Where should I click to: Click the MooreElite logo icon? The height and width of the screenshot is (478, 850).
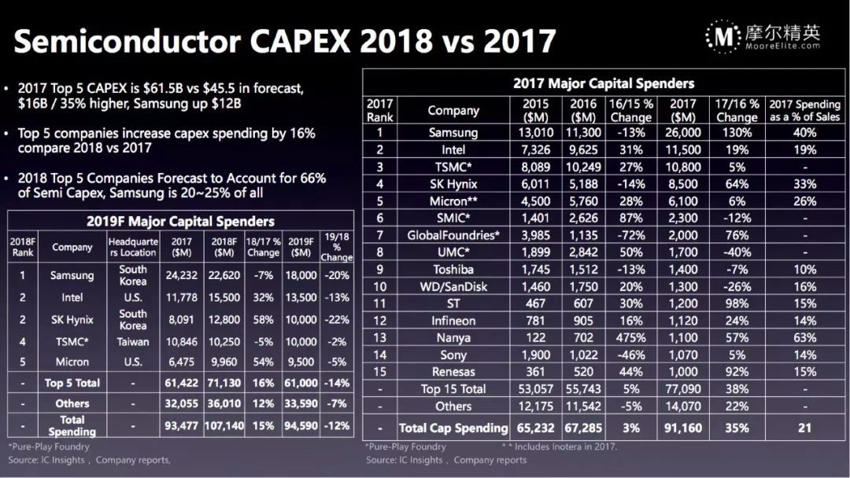(722, 35)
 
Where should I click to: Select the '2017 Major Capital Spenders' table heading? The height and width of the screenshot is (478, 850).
(604, 83)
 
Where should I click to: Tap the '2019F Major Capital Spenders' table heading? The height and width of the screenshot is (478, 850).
(180, 222)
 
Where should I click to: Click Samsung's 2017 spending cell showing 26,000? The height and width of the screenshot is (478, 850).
(682, 133)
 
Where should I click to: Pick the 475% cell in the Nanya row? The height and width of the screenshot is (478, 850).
(631, 337)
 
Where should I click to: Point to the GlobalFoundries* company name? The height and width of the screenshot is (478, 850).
(453, 235)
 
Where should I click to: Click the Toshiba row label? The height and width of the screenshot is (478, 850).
(453, 270)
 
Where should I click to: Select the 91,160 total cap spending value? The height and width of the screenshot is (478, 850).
(682, 428)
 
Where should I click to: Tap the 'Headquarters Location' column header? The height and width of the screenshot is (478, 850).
(133, 247)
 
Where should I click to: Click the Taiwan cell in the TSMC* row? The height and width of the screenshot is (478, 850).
(133, 341)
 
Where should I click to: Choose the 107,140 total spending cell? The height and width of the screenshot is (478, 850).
(224, 425)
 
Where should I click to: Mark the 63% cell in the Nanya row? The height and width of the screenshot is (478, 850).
(804, 337)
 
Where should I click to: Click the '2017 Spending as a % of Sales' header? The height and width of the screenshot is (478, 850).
(804, 111)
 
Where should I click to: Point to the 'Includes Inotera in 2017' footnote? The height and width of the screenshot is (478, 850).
(561, 447)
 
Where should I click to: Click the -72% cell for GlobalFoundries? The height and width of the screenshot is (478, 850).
(631, 235)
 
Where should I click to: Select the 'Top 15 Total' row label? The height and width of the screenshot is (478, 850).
(453, 389)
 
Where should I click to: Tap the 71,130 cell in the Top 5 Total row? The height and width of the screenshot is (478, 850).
(224, 383)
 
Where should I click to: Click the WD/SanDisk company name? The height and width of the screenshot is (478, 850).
(453, 287)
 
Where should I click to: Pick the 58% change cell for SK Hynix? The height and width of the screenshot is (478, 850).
(264, 319)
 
